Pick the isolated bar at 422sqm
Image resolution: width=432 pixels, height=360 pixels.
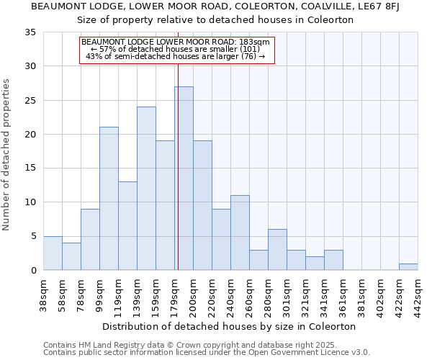pos(408,266)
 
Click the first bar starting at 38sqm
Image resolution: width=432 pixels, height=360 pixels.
pos(53,253)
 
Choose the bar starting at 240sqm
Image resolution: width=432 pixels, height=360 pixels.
pos(240,233)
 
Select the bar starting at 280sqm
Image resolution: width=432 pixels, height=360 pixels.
pos(277,250)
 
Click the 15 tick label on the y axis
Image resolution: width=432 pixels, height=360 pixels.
pos(30,168)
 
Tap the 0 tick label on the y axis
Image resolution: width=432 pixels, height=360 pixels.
pos(32,271)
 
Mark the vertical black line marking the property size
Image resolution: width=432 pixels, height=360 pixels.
pos(177,166)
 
